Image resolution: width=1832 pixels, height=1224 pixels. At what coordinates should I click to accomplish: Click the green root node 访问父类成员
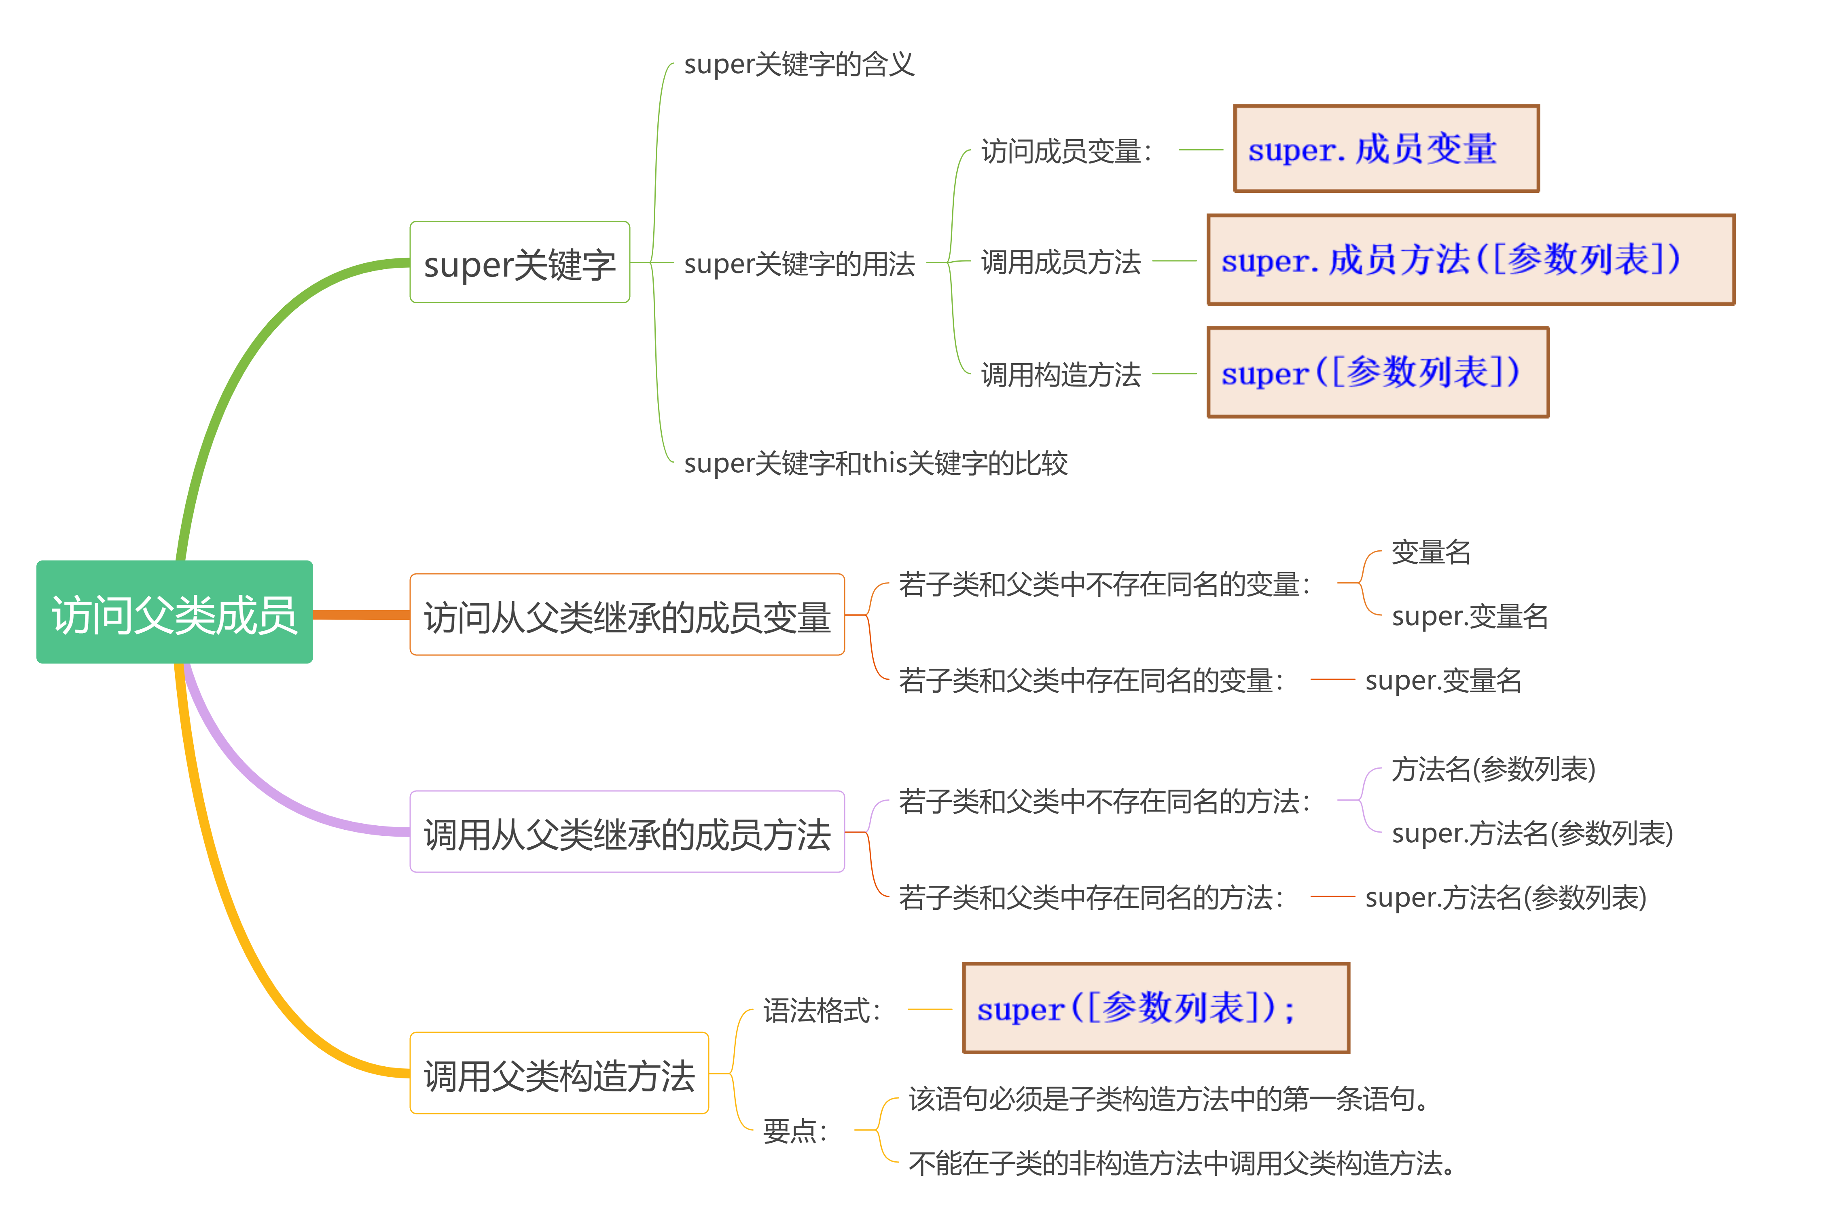click(174, 612)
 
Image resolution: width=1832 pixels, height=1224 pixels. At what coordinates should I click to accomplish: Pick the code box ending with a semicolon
click(1156, 1008)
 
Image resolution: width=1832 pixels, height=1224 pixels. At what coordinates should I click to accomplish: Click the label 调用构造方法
click(1061, 375)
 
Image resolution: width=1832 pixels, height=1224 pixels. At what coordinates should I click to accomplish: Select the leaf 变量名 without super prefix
click(1431, 552)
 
